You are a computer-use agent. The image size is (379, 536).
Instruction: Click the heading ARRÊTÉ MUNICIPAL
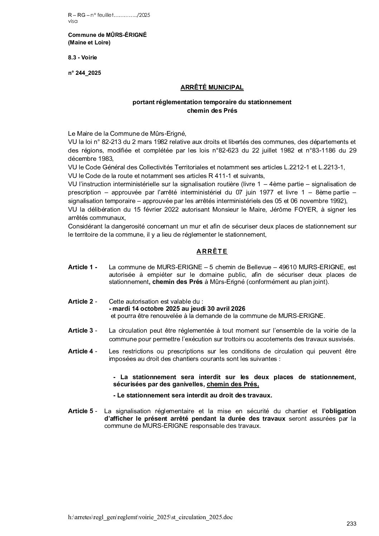pyautogui.click(x=212, y=87)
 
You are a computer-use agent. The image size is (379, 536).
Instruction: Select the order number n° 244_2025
pyautogui.click(x=84, y=73)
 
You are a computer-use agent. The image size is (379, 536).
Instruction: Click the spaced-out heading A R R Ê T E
pyautogui.click(x=212, y=251)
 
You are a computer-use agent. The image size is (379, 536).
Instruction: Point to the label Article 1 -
pyautogui.click(x=82, y=267)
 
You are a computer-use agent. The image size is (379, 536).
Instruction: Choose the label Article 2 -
pyautogui.click(x=82, y=301)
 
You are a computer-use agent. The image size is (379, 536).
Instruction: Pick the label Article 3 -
pyautogui.click(x=82, y=330)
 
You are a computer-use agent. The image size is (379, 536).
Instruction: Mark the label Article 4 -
pyautogui.click(x=82, y=351)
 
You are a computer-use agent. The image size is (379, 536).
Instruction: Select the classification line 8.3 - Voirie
pyautogui.click(x=82, y=57)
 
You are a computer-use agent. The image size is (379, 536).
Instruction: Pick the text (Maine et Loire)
pyautogui.click(x=89, y=43)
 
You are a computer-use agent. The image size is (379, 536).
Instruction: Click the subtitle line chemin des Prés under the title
pyautogui.click(x=212, y=111)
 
